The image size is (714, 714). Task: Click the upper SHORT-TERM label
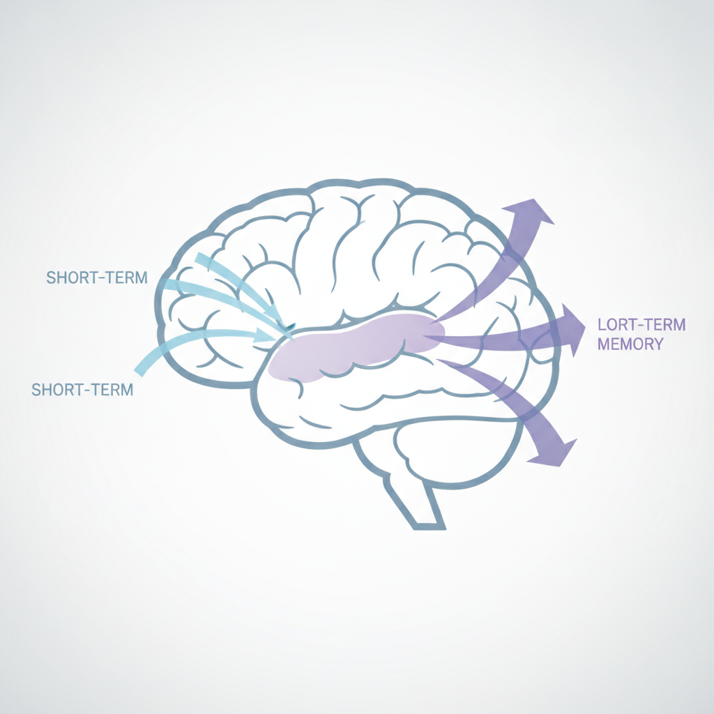click(x=97, y=278)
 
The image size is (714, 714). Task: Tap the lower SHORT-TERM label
click(x=82, y=390)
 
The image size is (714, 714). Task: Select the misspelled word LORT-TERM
click(x=641, y=325)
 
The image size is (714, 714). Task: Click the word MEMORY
click(x=630, y=344)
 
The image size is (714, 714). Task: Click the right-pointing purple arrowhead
click(x=573, y=330)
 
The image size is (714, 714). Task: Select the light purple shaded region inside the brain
click(x=355, y=346)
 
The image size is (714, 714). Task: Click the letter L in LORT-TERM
click(x=602, y=325)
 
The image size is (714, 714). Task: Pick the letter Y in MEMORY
click(x=658, y=344)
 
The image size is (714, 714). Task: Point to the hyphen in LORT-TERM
click(x=642, y=325)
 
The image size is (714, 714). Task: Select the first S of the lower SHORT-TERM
click(x=36, y=390)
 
